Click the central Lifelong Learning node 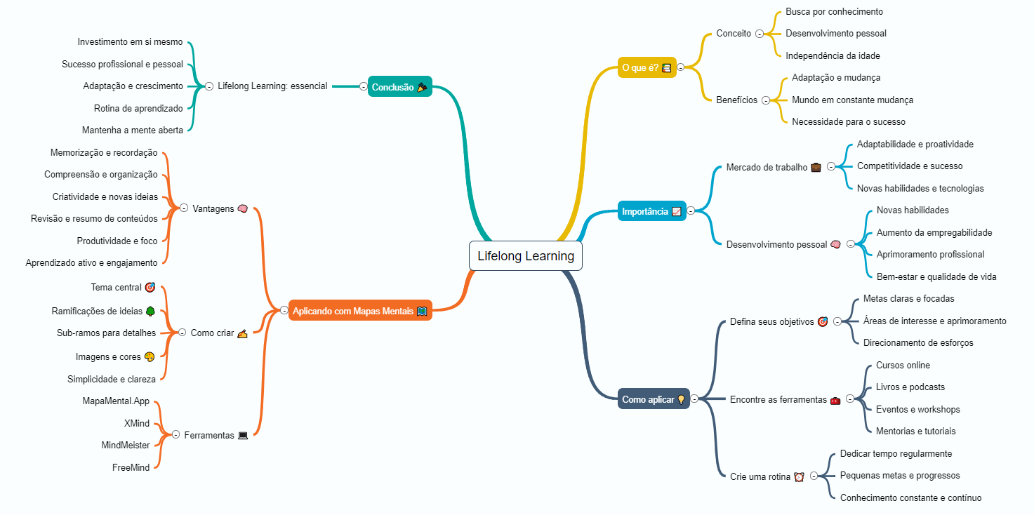pyautogui.click(x=525, y=255)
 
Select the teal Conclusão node pyautogui.click(x=399, y=87)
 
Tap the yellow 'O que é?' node pyautogui.click(x=647, y=67)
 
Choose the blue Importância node pyautogui.click(x=652, y=211)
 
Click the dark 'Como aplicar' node pyautogui.click(x=654, y=399)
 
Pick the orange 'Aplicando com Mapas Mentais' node pyautogui.click(x=360, y=311)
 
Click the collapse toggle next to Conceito pyautogui.click(x=760, y=34)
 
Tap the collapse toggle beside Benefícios pyautogui.click(x=766, y=100)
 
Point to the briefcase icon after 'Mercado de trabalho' pyautogui.click(x=816, y=167)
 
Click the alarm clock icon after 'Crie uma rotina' pyautogui.click(x=799, y=476)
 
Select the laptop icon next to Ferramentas pyautogui.click(x=243, y=435)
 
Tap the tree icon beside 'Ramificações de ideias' pyautogui.click(x=150, y=312)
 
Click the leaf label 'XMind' pyautogui.click(x=137, y=423)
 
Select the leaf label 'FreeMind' pyautogui.click(x=131, y=467)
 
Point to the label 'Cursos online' pyautogui.click(x=903, y=365)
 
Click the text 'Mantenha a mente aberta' pyautogui.click(x=133, y=130)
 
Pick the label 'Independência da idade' pyautogui.click(x=833, y=56)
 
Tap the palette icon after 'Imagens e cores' pyautogui.click(x=149, y=356)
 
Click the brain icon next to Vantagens pyautogui.click(x=243, y=208)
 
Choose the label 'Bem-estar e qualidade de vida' pyautogui.click(x=936, y=277)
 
